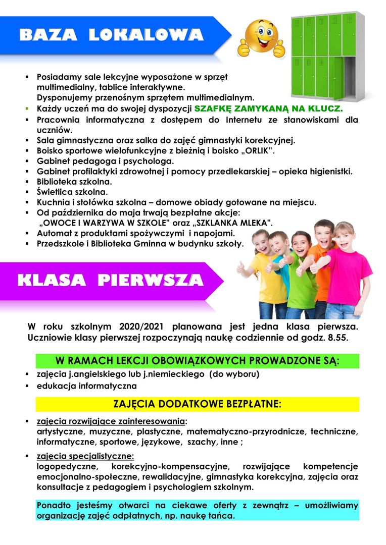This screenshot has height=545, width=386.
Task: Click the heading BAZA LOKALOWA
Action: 111,35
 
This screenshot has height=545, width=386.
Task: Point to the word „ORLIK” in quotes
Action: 256,151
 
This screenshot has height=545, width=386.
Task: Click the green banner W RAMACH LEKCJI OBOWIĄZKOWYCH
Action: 197,361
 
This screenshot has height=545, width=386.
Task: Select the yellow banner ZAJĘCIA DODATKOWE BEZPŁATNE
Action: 197,405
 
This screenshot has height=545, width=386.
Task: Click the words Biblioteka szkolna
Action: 74,181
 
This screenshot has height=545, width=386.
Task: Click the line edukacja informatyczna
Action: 86,386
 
